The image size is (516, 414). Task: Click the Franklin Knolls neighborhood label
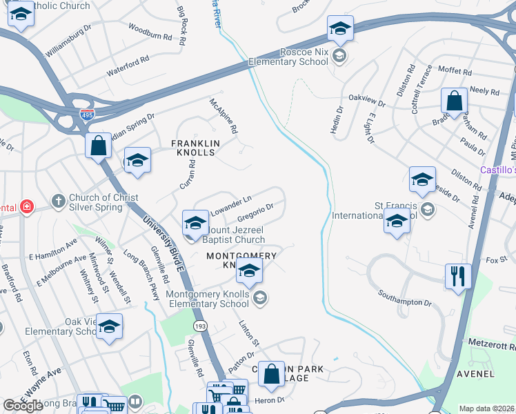195,148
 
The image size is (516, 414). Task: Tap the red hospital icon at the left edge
26,207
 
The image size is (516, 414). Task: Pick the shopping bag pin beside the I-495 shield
99,146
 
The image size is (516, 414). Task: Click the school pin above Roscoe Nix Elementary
340,29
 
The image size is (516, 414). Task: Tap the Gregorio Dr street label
256,210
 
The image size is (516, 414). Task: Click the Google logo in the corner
23,406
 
